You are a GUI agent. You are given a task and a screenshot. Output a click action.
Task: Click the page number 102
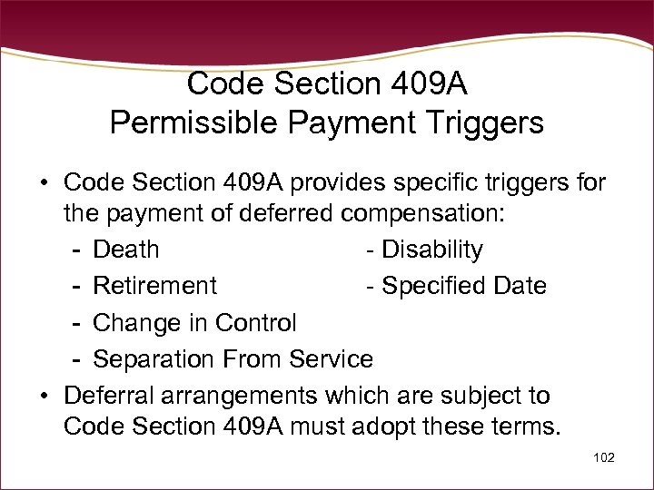602,458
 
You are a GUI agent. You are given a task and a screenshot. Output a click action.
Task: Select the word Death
126,250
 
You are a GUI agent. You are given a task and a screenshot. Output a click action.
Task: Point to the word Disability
431,250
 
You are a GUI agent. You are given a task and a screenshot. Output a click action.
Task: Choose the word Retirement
155,286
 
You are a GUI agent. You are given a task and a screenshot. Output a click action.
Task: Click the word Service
331,359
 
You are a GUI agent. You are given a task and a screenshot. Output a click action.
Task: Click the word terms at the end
528,426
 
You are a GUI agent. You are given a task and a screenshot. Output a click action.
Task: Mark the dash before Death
79,250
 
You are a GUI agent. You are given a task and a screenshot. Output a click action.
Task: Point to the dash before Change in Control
79,323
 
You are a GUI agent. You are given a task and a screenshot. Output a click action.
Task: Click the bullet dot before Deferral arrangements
44,397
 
